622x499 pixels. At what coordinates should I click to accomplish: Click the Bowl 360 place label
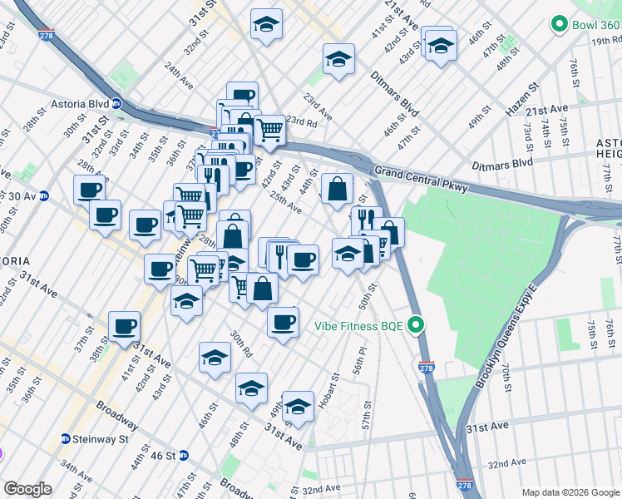[595, 25]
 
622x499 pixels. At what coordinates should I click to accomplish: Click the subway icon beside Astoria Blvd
[117, 104]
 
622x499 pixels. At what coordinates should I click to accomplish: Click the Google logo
[27, 488]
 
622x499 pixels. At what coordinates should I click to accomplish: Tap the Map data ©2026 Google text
[570, 492]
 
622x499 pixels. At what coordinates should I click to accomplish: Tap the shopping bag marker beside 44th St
[337, 190]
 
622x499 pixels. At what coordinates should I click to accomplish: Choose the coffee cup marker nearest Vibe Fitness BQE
[283, 322]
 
